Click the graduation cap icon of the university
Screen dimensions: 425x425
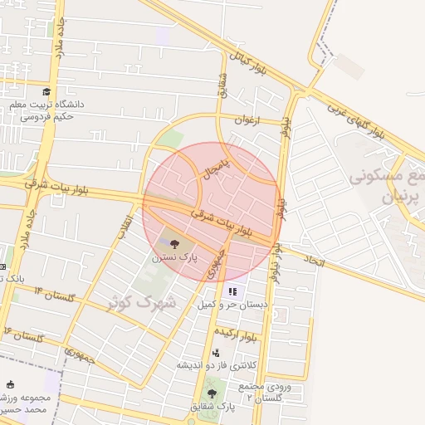pos(46,91)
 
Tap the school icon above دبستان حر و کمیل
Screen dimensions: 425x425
pos(232,291)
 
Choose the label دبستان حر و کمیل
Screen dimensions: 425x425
pos(233,305)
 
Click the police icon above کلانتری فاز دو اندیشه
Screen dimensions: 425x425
pos(216,353)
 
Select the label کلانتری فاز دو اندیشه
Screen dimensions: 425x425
pos(214,365)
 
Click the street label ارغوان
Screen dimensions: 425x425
pos(247,120)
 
